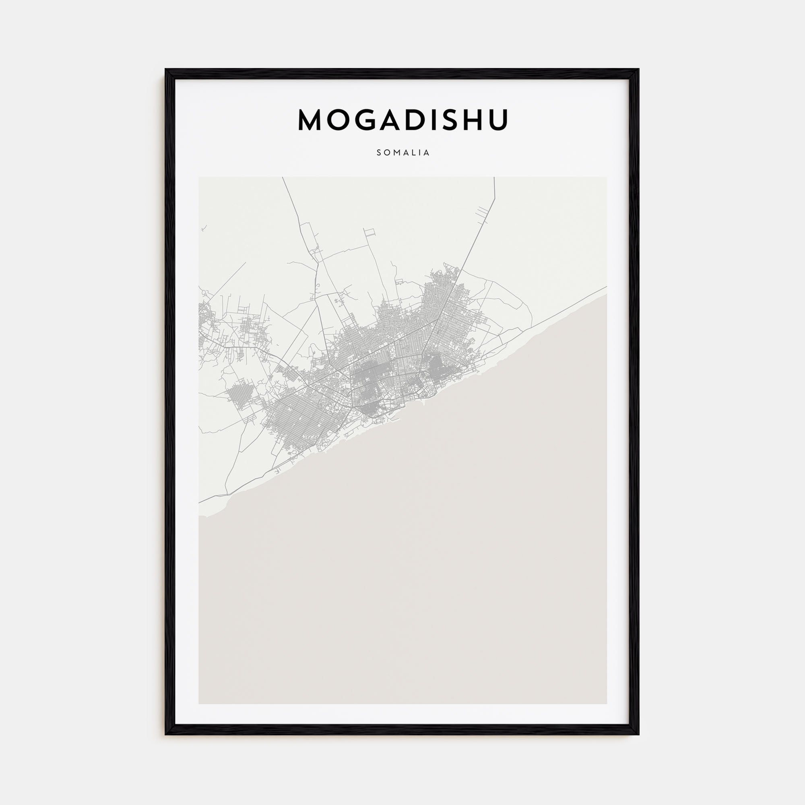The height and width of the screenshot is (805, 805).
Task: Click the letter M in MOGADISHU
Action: point(311,120)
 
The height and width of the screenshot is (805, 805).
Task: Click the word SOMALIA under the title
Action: point(403,153)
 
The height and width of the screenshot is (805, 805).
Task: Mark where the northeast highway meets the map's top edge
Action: point(494,178)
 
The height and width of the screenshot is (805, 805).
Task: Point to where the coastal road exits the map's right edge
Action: point(606,287)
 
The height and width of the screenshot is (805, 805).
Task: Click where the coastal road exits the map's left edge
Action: point(199,502)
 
